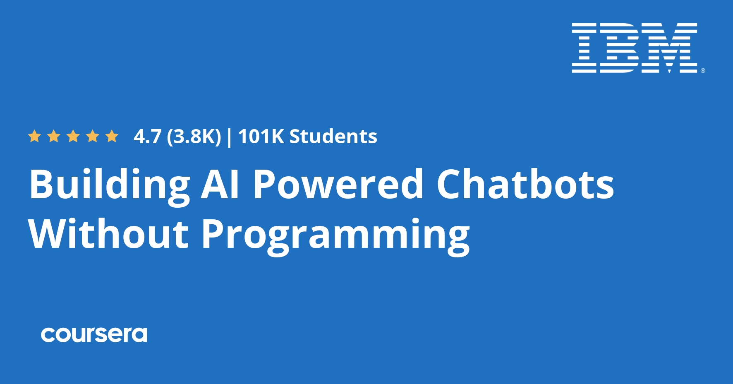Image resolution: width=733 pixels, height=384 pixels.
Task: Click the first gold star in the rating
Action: pyautogui.click(x=34, y=136)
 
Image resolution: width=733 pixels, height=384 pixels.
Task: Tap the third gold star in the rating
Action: pyautogui.click(x=73, y=136)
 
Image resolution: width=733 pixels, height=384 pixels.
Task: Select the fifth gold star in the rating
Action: pyautogui.click(x=112, y=136)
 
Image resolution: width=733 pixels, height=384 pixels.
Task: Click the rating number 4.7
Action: pyautogui.click(x=147, y=137)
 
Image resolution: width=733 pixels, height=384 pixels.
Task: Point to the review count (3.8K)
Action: pyautogui.click(x=194, y=137)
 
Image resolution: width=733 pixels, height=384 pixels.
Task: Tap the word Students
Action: pyautogui.click(x=333, y=136)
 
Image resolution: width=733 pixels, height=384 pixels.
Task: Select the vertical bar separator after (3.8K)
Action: pyautogui.click(x=230, y=137)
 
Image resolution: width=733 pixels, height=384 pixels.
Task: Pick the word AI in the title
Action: pyautogui.click(x=220, y=184)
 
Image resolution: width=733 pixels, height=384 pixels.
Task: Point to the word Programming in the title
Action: pyautogui.click(x=336, y=236)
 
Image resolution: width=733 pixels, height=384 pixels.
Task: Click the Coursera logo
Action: pyautogui.click(x=94, y=335)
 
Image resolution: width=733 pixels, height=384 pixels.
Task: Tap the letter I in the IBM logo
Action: pyautogui.click(x=584, y=48)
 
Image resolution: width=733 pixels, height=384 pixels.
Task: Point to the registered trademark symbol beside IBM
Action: pyautogui.click(x=703, y=71)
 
